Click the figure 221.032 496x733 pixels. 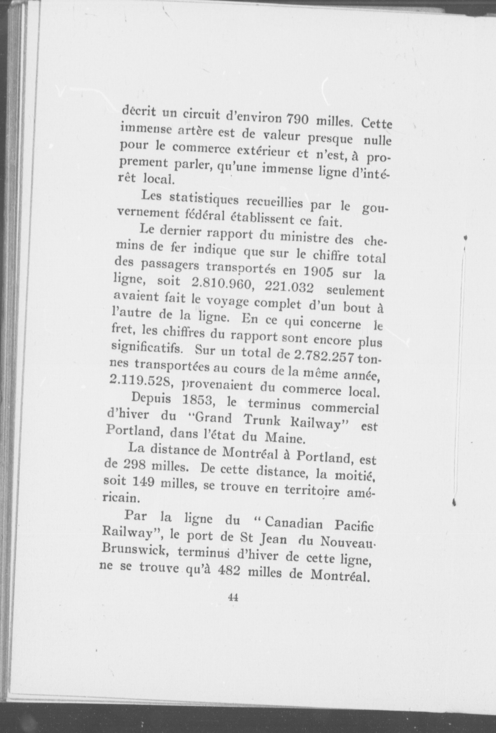tap(289, 288)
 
